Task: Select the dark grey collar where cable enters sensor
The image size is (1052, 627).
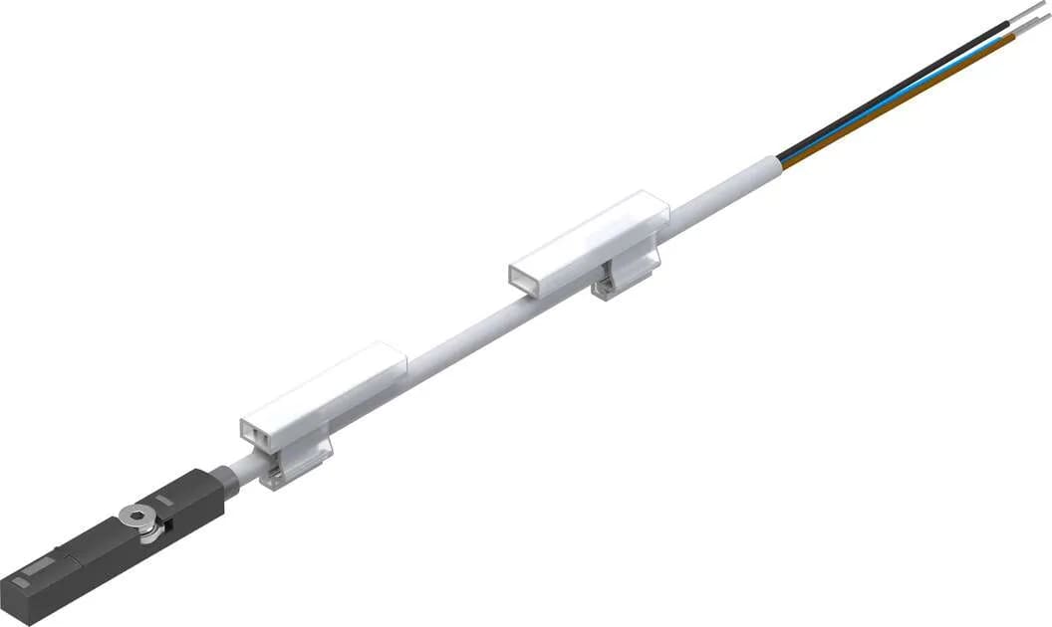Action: (228, 482)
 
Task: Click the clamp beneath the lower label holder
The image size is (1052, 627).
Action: (298, 460)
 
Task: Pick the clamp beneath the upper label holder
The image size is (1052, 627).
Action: (625, 274)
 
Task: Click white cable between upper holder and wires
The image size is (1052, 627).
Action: (717, 194)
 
